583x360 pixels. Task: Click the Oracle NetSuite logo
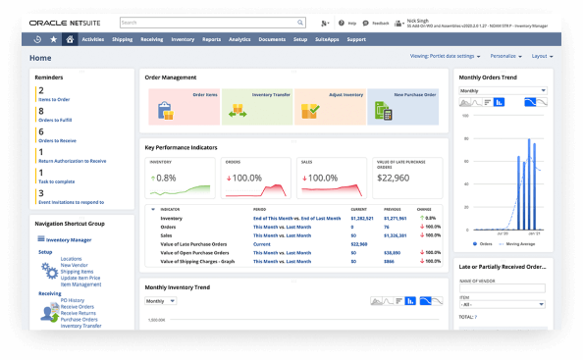click(65, 22)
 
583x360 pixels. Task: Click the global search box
click(196, 22)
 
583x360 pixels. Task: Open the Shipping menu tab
click(122, 39)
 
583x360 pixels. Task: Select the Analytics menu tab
click(239, 39)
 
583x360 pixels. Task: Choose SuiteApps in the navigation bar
click(327, 39)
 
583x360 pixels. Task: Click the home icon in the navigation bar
click(69, 39)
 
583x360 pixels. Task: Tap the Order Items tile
click(184, 106)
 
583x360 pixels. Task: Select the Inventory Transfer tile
click(256, 106)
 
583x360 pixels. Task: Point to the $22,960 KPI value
click(393, 178)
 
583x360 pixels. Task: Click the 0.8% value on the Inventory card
click(167, 178)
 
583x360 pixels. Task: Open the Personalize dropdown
click(503, 57)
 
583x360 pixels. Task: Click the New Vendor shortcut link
click(74, 265)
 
